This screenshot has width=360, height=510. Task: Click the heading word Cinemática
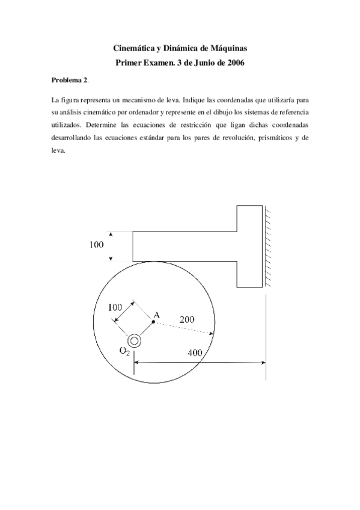134,47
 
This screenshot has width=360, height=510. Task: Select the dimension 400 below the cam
195,353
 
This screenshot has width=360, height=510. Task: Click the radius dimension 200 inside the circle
187,321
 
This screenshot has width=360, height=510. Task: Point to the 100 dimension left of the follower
96,245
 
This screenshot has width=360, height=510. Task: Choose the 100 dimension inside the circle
115,307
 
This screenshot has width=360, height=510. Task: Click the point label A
156,314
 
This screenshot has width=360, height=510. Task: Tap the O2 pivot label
124,352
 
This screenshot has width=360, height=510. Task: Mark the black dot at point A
154,322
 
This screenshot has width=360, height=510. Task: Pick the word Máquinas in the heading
223,47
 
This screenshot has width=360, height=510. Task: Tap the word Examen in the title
154,62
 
